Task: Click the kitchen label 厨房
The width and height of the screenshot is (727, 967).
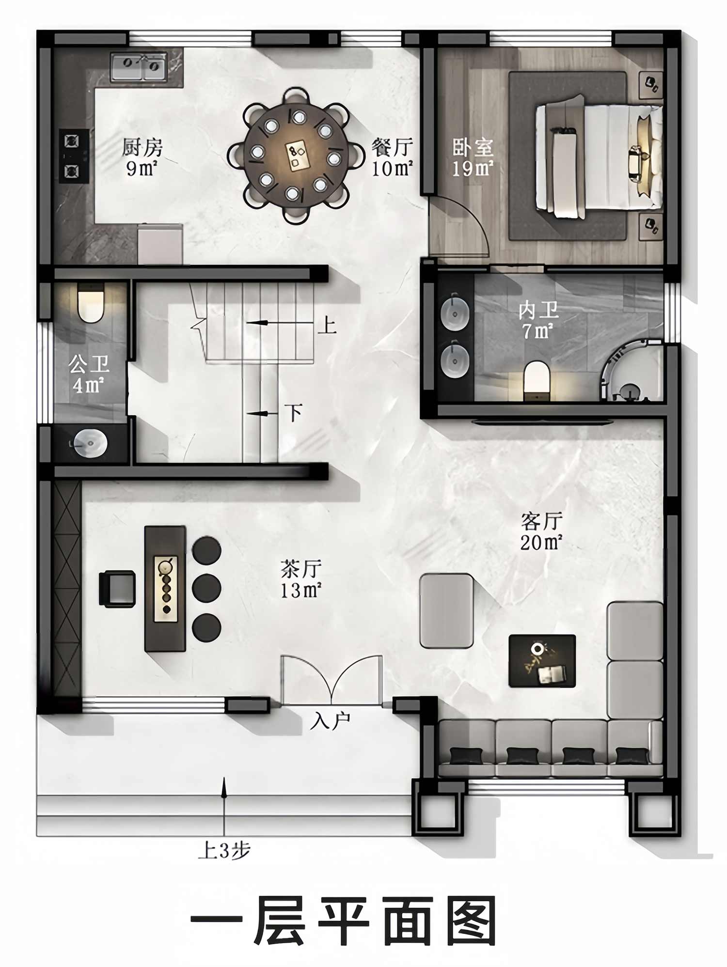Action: tap(142, 147)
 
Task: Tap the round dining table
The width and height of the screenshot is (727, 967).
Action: tap(296, 156)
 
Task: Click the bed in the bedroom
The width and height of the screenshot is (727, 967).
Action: tap(599, 157)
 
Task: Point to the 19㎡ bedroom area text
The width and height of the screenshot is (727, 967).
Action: tap(473, 169)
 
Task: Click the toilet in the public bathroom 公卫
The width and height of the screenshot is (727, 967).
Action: tap(91, 304)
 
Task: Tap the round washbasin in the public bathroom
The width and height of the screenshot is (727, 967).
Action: tap(90, 443)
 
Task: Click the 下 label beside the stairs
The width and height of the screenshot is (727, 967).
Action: tap(293, 413)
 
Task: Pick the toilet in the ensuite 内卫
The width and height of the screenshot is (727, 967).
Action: tap(537, 381)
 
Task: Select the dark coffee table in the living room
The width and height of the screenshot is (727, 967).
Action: tap(542, 661)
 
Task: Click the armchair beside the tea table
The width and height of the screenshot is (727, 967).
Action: tap(117, 589)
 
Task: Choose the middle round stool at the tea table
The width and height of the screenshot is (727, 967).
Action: tap(207, 588)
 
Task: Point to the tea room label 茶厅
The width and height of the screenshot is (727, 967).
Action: tap(301, 569)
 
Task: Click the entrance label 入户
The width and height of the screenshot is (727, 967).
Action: tap(330, 721)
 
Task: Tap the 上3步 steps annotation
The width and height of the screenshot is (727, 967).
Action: tap(224, 850)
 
